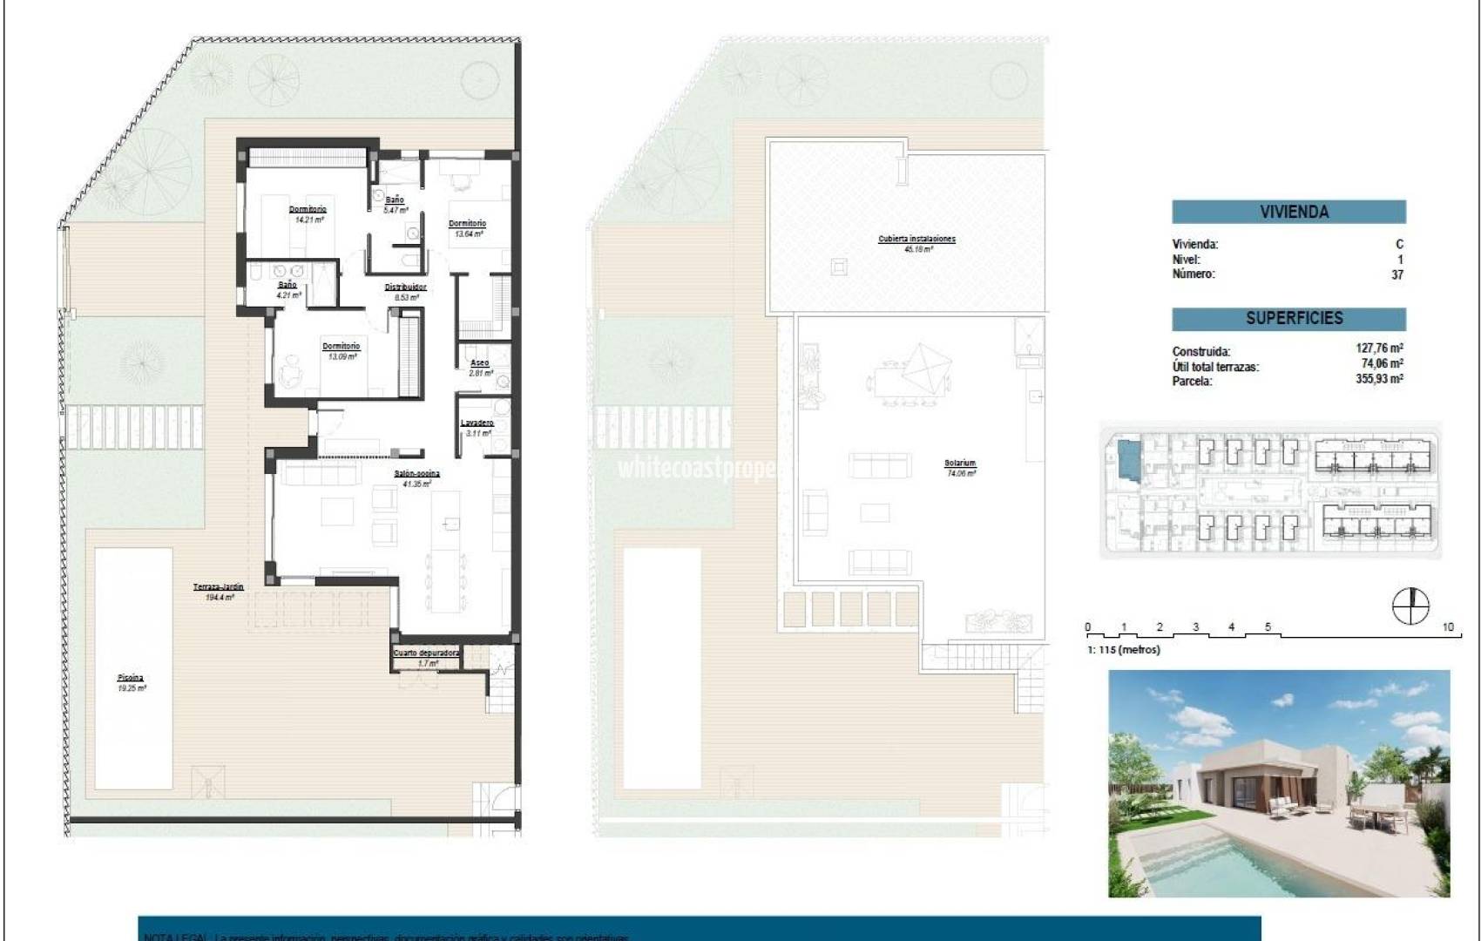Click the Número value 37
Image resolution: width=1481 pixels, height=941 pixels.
[x=1397, y=274]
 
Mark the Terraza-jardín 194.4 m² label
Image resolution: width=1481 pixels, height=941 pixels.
[x=218, y=592]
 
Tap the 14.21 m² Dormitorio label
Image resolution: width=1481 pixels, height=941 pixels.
[x=308, y=213]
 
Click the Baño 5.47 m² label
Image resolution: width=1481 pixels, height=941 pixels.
[x=395, y=205]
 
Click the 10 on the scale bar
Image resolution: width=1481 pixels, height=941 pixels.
[x=1448, y=627]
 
